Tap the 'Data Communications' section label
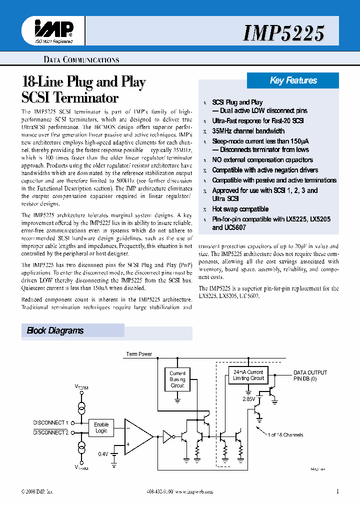coord(81,60)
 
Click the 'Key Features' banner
coord(293,80)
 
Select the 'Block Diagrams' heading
coord(55,330)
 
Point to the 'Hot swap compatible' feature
coord(240,209)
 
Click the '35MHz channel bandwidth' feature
coord(248,131)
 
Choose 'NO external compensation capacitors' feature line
coord(262,160)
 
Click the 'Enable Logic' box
coord(101,427)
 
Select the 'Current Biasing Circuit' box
coord(177,379)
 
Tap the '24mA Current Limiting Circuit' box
coord(248,375)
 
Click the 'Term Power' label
coord(139,354)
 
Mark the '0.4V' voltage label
coord(103,454)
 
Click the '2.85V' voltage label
coord(248,399)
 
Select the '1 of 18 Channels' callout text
coord(285,435)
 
